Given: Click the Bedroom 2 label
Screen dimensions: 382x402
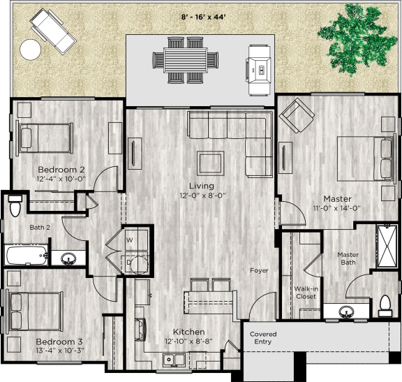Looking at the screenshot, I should coord(61,170).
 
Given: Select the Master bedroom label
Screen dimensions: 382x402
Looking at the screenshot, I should coord(336,198).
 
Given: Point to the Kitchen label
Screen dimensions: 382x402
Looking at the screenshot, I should coord(188,332).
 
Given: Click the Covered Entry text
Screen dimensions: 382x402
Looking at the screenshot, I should coord(263,339).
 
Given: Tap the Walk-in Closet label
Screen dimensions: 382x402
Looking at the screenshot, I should coord(304,292).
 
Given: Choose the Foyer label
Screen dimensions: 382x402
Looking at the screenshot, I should coord(259,270).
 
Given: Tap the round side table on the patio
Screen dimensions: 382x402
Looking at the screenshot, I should coord(31,49).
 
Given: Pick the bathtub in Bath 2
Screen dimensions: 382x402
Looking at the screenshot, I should coord(27,255).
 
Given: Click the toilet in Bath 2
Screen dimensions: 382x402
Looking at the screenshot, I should coord(15,207).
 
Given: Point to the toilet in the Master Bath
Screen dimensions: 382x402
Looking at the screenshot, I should coord(385,304).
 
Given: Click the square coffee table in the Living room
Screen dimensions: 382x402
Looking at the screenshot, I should coord(210,162).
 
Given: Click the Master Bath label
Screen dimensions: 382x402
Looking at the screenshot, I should coord(348,258).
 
